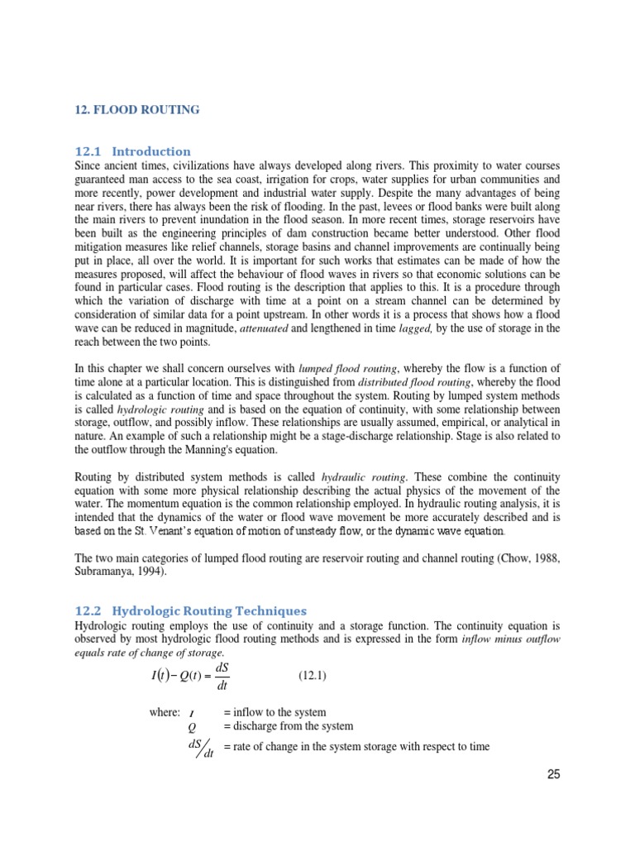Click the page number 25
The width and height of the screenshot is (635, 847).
coord(552,775)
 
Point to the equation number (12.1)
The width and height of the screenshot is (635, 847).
coord(313,676)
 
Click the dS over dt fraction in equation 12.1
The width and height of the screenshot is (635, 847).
coord(221,676)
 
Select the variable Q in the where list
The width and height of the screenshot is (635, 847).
coord(192,727)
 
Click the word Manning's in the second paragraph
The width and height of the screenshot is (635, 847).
coord(225,449)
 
